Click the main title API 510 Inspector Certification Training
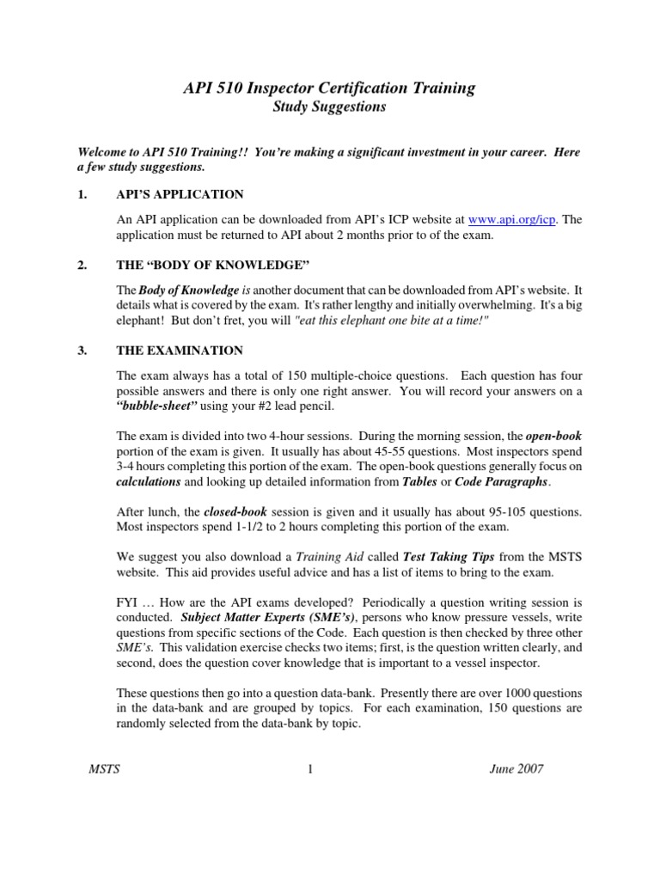(329, 88)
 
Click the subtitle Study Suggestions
(329, 107)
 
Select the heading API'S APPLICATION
(180, 194)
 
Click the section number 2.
(82, 266)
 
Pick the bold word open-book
(553, 437)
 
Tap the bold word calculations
(149, 482)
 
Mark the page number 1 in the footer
(309, 768)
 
